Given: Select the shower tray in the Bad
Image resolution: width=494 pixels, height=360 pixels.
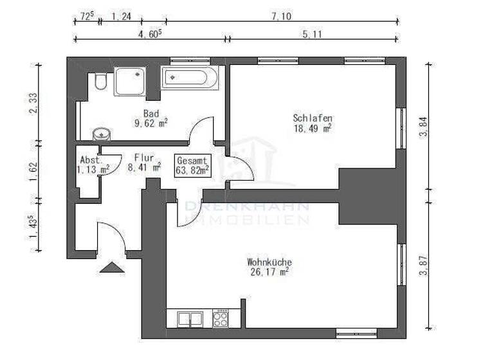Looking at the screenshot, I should click(x=130, y=81).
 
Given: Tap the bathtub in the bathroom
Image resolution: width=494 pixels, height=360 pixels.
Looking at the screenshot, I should click(x=190, y=78).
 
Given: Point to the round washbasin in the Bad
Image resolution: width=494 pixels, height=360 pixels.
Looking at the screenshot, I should click(x=102, y=134).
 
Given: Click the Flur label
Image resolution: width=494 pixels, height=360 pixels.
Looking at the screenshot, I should click(x=144, y=156).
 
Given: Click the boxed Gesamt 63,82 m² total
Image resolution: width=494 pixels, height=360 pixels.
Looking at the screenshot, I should click(x=192, y=165).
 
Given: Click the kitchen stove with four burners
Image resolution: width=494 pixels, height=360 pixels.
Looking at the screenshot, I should click(x=221, y=318).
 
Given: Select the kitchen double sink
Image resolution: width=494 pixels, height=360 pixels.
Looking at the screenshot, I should click(x=185, y=318).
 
